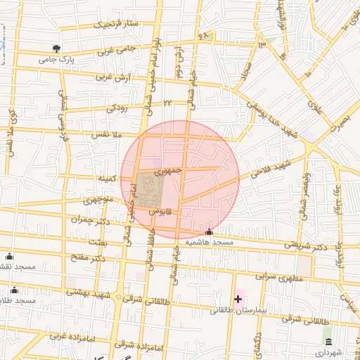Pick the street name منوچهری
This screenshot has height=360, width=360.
click(x=99, y=200)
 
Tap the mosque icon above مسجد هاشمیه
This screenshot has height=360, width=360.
click(x=209, y=232)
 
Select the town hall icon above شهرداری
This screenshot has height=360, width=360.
click(x=327, y=340)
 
